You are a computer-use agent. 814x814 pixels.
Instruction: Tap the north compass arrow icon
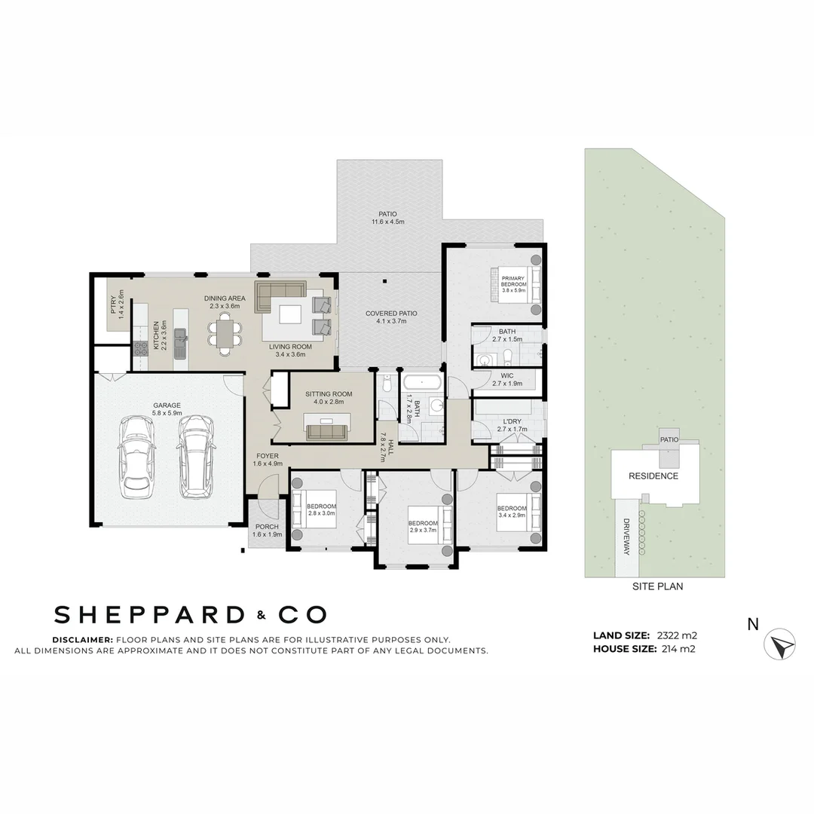[779, 645]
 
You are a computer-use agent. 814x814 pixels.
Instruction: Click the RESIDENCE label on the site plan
[653, 476]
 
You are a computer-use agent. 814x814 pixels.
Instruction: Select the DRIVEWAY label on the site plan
[626, 537]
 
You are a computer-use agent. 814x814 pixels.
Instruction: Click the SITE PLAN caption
[657, 586]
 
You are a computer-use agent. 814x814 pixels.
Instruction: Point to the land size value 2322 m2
[677, 635]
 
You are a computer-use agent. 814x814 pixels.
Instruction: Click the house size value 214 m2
[676, 648]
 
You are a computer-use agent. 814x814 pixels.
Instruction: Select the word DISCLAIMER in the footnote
[82, 639]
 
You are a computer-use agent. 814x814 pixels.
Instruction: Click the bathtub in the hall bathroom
[422, 381]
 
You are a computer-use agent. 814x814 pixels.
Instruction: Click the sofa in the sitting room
[326, 431]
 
